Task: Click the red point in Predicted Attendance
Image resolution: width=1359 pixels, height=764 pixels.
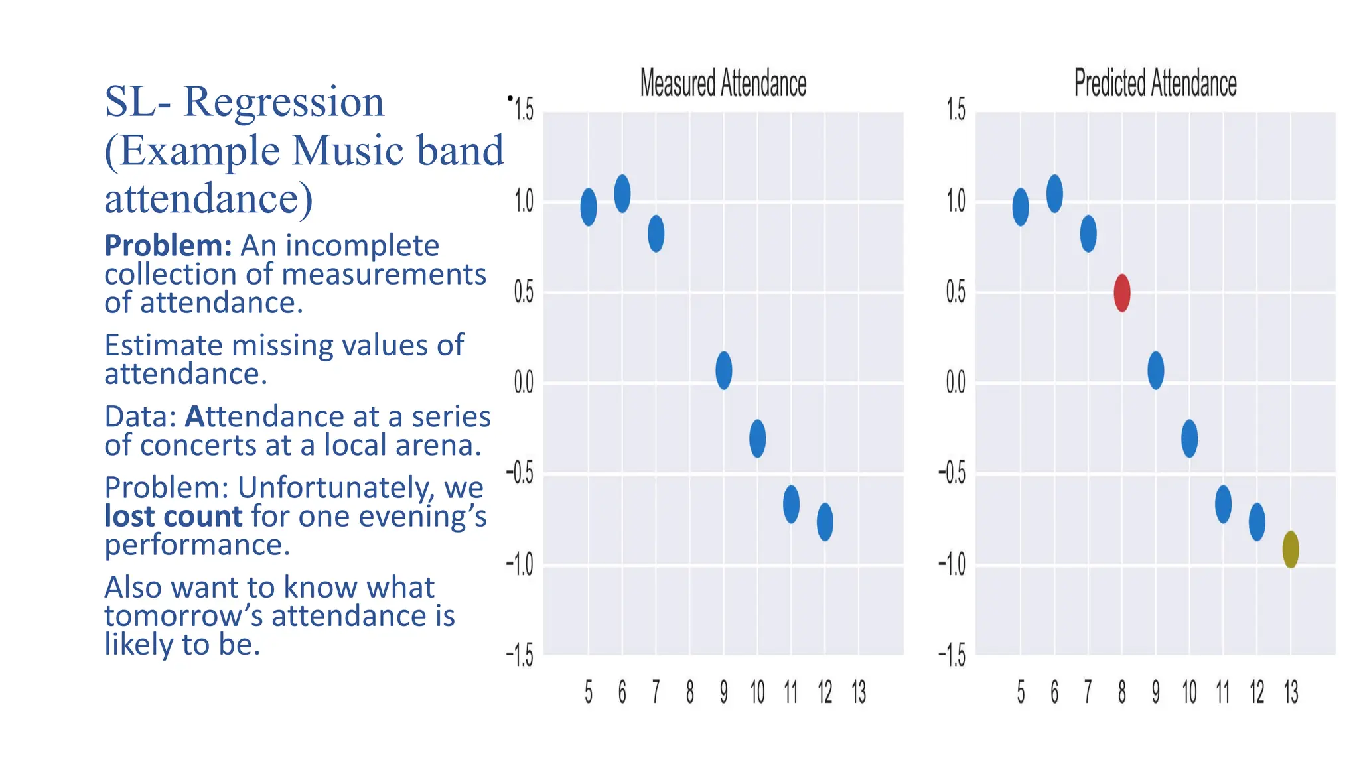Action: pyautogui.click(x=1121, y=292)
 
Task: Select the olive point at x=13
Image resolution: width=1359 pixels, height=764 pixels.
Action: pyautogui.click(x=1290, y=549)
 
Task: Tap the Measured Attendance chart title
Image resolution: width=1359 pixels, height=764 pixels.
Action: pyautogui.click(x=723, y=84)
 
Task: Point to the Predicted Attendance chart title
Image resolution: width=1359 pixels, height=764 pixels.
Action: pyautogui.click(x=1155, y=84)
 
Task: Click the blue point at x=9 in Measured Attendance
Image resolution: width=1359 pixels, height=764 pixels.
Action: pyautogui.click(x=723, y=370)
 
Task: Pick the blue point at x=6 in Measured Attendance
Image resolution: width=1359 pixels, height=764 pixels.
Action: pyautogui.click(x=622, y=194)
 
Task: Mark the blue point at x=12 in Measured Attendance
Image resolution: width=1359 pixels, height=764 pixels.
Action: pyautogui.click(x=825, y=522)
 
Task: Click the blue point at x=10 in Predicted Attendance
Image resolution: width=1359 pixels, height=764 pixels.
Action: pyautogui.click(x=1189, y=438)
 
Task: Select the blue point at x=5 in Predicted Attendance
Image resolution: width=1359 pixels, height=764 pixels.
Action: pyautogui.click(x=1021, y=207)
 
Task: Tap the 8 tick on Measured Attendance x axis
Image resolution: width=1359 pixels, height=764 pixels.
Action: pyautogui.click(x=690, y=692)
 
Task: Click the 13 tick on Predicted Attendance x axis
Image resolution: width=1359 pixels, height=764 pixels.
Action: pyautogui.click(x=1291, y=692)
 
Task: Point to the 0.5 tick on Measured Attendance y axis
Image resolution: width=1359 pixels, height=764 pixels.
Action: pyautogui.click(x=524, y=292)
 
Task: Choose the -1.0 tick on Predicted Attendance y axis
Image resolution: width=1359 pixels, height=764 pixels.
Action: pyautogui.click(x=952, y=564)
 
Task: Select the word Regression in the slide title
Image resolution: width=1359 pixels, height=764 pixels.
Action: pyautogui.click(x=283, y=102)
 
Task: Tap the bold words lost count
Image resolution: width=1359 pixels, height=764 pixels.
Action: pyautogui.click(x=173, y=516)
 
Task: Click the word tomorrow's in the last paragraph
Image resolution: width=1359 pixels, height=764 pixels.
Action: pyautogui.click(x=183, y=615)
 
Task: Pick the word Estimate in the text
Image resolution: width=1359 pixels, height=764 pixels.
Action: pyautogui.click(x=163, y=345)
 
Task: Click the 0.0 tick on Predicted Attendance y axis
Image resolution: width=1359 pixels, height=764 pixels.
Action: pyautogui.click(x=956, y=382)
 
